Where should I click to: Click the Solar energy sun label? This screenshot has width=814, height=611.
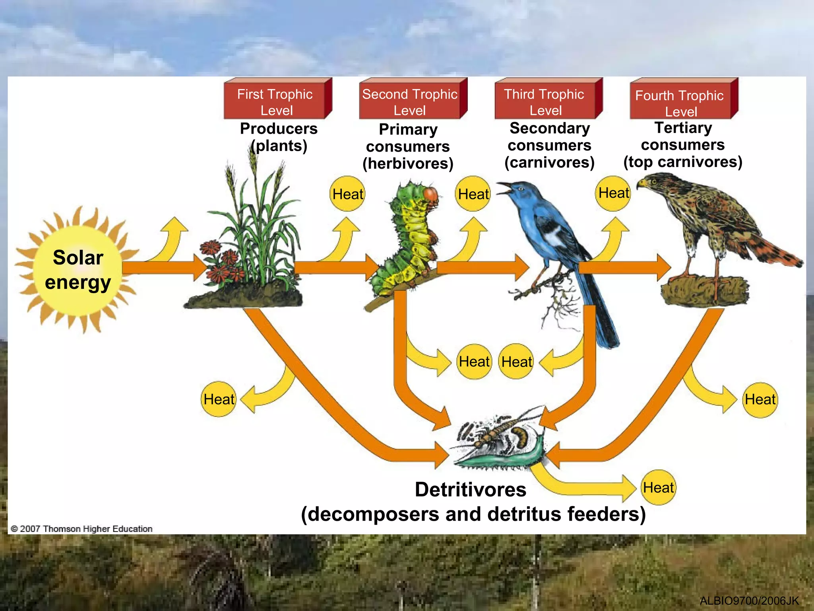[78, 270]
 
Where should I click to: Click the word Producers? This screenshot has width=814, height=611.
[279, 129]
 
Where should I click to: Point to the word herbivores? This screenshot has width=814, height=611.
[408, 163]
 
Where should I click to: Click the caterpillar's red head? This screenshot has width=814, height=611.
[431, 195]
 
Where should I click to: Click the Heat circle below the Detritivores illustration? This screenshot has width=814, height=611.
[659, 488]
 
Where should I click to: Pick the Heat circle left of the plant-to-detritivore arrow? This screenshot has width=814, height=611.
[219, 399]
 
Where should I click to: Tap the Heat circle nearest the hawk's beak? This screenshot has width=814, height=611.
[613, 193]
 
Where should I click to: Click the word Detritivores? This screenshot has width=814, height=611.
[471, 489]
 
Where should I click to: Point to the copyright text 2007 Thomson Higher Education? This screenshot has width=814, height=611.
[82, 529]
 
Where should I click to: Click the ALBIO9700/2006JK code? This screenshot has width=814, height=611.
[749, 601]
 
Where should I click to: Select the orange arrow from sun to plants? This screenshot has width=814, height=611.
[163, 268]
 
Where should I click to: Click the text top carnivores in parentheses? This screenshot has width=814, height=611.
[682, 162]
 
